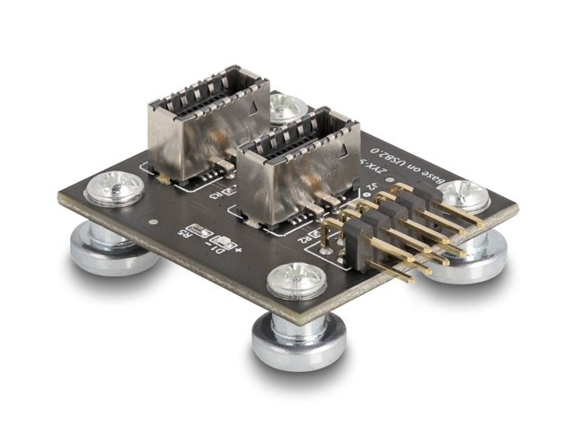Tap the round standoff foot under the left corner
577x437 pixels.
click(x=113, y=247)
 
